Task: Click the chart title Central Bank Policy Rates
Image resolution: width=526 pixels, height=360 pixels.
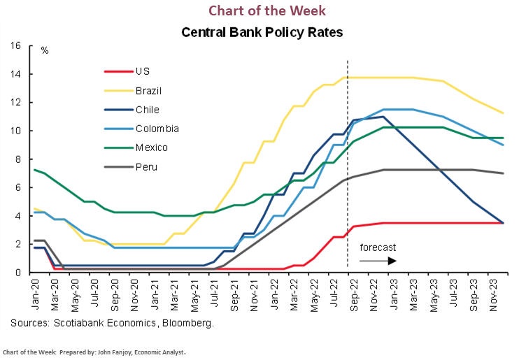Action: (x=262, y=32)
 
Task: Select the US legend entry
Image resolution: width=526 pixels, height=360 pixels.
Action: (x=141, y=71)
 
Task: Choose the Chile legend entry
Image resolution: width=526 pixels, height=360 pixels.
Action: (x=146, y=110)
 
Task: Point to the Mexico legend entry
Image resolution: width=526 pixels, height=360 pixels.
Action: (x=152, y=147)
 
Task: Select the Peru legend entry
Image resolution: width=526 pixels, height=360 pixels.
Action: (x=145, y=167)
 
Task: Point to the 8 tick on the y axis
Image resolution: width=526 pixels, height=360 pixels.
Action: (x=19, y=159)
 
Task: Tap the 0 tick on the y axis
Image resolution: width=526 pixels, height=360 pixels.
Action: (x=19, y=273)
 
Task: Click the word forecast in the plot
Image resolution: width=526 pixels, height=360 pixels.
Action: (x=378, y=248)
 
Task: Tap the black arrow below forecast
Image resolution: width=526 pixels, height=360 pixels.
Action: (x=378, y=260)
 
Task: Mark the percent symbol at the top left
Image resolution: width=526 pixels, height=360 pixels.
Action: (x=44, y=51)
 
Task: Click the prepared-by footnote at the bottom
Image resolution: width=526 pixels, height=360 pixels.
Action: (x=95, y=352)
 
